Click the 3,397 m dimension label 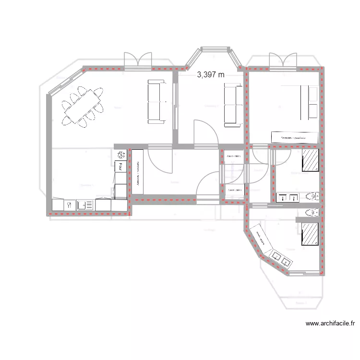211,74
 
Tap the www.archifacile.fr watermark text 330,324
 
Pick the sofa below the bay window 232,105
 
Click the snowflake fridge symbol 120,155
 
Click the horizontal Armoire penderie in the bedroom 294,137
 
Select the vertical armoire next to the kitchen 137,172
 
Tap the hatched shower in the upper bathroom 311,160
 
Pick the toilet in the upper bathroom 312,196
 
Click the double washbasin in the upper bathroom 288,197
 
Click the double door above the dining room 138,60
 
